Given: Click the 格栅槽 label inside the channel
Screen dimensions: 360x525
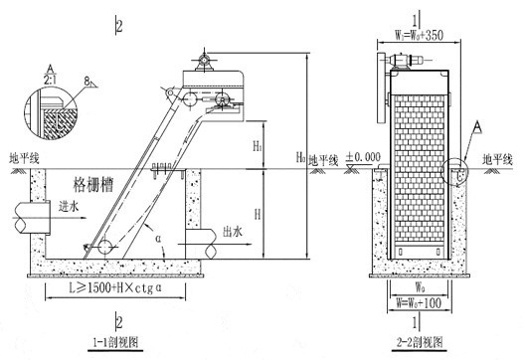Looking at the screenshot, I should [x=95, y=185].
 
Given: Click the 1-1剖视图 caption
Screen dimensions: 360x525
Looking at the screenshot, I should [x=117, y=343].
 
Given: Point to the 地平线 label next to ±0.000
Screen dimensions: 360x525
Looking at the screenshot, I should [x=325, y=159].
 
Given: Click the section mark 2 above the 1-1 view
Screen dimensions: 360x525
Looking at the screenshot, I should [x=119, y=25].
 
